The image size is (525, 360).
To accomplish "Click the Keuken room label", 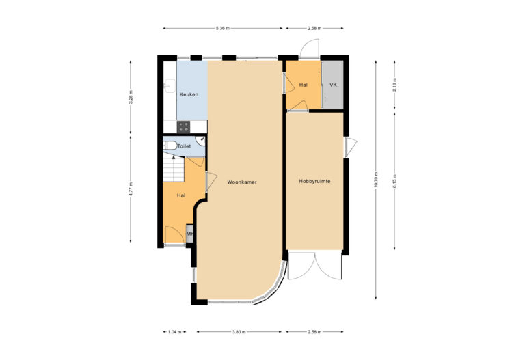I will click(189, 94).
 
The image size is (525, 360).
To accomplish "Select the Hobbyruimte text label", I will click(314, 181).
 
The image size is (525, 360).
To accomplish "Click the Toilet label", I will click(184, 146).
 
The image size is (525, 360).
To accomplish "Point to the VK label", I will click(333, 85).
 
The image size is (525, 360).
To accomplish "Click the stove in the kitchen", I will click(183, 126).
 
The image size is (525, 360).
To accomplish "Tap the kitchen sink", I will click(169, 86).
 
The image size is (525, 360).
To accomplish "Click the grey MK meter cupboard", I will click(189, 234).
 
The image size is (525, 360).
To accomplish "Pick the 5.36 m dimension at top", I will click(222, 28).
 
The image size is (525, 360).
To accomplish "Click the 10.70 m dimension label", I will click(376, 180).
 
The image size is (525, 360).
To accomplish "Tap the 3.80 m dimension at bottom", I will click(238, 332).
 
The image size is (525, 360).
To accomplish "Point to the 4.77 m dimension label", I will click(131, 189).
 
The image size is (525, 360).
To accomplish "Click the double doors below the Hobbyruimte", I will click(314, 265).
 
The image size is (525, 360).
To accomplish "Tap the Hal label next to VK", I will click(303, 85).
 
